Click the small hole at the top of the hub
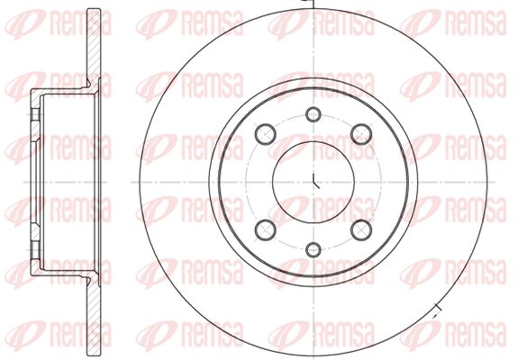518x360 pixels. point(313,114)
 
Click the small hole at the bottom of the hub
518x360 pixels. point(313,250)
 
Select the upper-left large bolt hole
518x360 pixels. point(265,134)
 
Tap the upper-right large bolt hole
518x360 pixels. point(361,134)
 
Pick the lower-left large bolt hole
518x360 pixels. point(265,229)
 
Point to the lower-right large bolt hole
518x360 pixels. point(361,229)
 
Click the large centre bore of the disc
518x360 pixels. point(314,182)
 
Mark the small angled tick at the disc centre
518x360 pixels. point(316,181)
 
